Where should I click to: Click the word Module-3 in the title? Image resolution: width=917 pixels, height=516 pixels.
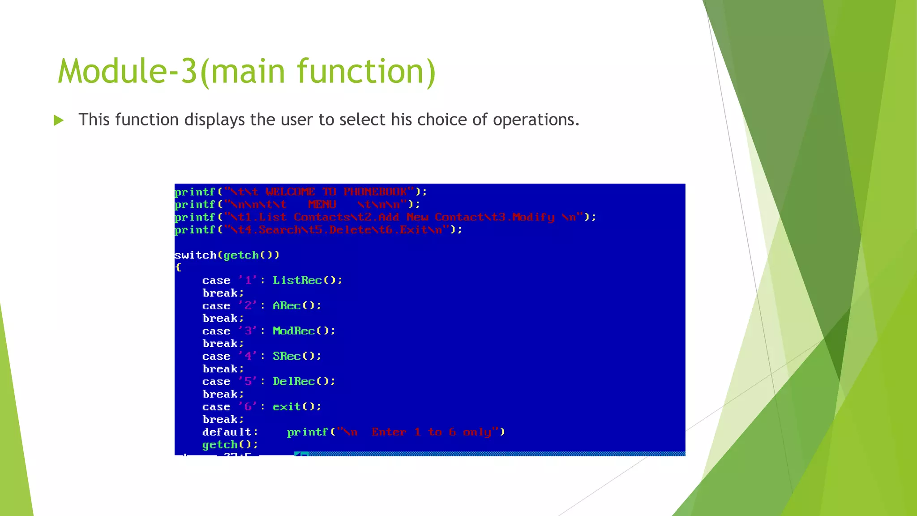click(x=127, y=72)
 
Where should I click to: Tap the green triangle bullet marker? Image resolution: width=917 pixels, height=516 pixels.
click(x=58, y=120)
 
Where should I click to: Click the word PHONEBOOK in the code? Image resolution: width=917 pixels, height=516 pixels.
click(x=375, y=192)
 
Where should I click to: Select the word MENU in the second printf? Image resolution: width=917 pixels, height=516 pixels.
click(x=322, y=204)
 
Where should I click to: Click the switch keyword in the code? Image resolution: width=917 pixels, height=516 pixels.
click(x=195, y=255)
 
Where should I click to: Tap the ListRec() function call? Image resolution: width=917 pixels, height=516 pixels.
click(x=307, y=280)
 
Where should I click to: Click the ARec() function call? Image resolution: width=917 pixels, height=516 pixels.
click(x=296, y=305)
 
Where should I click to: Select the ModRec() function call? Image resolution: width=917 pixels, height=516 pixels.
click(x=304, y=331)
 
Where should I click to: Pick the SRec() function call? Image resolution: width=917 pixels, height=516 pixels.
click(x=296, y=356)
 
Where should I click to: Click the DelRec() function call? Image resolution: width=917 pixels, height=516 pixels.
click(x=304, y=382)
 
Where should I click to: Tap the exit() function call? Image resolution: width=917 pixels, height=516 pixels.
click(x=296, y=407)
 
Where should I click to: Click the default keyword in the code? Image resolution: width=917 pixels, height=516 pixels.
click(x=229, y=432)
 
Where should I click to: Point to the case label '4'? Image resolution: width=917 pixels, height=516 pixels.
click(x=248, y=356)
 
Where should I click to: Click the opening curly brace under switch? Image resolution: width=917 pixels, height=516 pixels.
click(x=178, y=267)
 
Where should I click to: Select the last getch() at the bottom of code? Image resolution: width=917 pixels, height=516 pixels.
click(x=230, y=445)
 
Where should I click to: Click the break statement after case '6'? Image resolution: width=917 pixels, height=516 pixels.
click(x=223, y=420)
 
